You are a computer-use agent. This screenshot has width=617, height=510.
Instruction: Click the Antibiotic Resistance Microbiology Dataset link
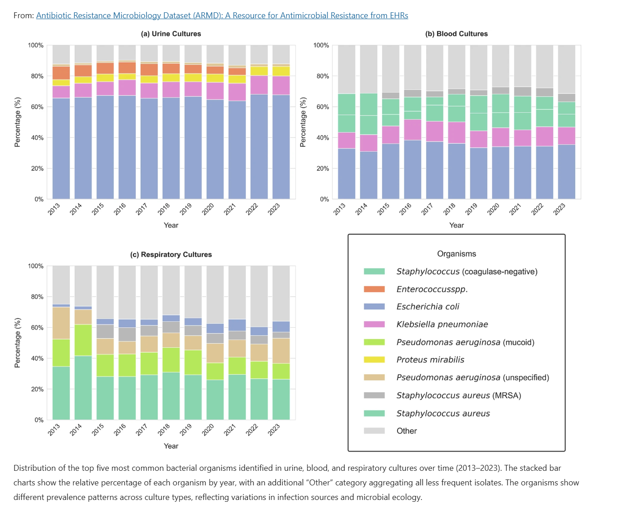click(222, 15)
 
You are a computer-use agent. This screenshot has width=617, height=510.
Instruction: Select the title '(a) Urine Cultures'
click(171, 34)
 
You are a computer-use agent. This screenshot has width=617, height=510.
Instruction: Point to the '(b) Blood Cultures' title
click(456, 34)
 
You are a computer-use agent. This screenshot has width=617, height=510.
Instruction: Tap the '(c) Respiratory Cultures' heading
click(171, 254)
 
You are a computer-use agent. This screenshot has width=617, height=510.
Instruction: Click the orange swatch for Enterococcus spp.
click(374, 289)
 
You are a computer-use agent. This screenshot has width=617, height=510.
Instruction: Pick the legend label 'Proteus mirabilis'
click(430, 360)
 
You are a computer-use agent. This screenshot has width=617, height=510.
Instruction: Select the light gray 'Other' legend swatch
click(374, 431)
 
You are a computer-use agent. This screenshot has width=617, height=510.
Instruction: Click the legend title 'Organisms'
click(456, 254)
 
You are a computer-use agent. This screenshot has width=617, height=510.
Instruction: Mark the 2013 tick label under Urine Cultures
click(54, 209)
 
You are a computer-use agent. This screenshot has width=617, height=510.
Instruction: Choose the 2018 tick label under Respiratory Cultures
click(164, 429)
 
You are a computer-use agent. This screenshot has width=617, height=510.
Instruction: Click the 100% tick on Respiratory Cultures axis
click(36, 266)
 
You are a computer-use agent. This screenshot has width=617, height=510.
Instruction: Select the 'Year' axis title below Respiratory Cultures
click(171, 446)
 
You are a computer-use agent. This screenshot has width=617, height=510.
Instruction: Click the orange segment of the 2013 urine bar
click(61, 73)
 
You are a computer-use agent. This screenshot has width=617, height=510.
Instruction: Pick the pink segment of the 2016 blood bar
click(413, 129)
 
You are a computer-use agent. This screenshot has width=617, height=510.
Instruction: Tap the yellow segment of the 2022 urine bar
click(259, 71)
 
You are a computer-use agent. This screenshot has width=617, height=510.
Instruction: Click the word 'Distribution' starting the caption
click(35, 468)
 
